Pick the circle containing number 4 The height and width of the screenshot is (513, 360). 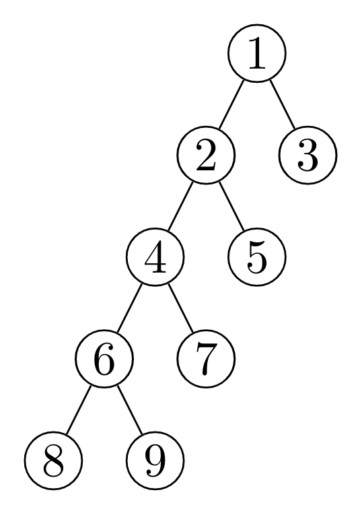coord(155,257)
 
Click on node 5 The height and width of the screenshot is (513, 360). coord(257,257)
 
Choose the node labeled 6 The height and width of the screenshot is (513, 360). coord(104,360)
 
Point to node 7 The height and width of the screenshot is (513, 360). coord(206,360)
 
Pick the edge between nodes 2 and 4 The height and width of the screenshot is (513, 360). coord(180,206)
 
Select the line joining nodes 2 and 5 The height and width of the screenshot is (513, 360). coord(231,206)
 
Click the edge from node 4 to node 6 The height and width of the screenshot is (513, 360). coord(129,308)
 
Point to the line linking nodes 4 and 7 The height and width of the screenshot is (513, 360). coord(180,308)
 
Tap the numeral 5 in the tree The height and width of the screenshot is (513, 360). coord(257,258)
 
